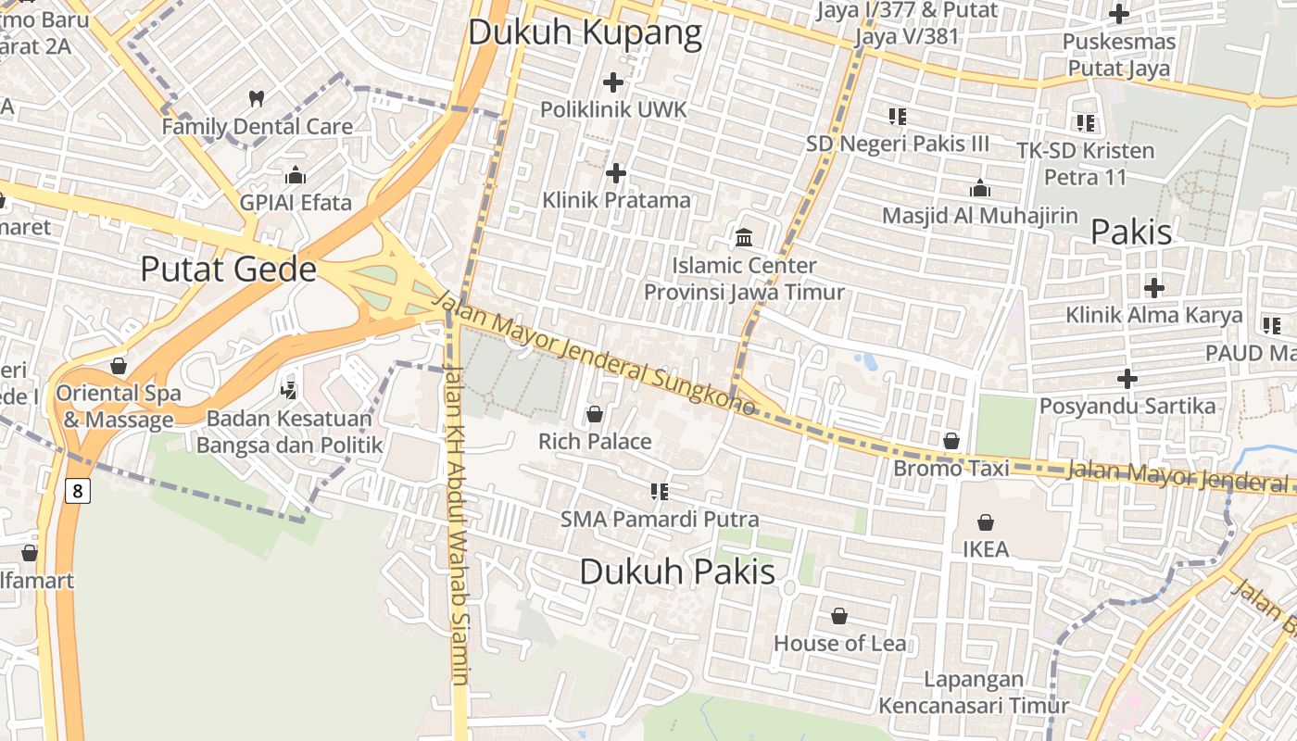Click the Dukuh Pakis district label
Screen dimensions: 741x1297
(x=677, y=571)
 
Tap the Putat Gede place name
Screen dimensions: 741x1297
(x=228, y=270)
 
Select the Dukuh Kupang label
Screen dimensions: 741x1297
(x=585, y=32)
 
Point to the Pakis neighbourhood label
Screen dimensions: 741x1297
(x=1131, y=232)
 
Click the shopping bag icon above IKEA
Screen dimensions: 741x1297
(x=986, y=522)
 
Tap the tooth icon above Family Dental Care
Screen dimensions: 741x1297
(x=258, y=98)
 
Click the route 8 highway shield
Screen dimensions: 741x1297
(x=78, y=490)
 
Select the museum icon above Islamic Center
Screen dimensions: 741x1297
(x=744, y=238)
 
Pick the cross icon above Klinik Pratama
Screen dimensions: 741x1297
(x=616, y=173)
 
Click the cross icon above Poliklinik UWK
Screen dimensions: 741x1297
(x=613, y=82)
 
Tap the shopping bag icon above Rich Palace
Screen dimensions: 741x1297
(x=595, y=414)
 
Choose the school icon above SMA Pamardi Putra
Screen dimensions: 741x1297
(x=660, y=491)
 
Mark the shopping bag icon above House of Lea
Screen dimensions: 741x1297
(x=839, y=616)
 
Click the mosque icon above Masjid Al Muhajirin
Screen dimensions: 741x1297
(x=980, y=189)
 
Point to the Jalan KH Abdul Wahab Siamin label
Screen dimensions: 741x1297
(x=457, y=523)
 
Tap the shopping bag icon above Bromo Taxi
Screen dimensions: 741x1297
(x=951, y=441)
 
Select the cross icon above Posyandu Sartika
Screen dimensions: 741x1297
(x=1127, y=379)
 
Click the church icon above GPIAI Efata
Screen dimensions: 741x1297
(x=296, y=175)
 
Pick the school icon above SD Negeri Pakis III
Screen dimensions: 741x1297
(x=897, y=117)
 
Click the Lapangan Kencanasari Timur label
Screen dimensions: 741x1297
(x=974, y=692)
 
